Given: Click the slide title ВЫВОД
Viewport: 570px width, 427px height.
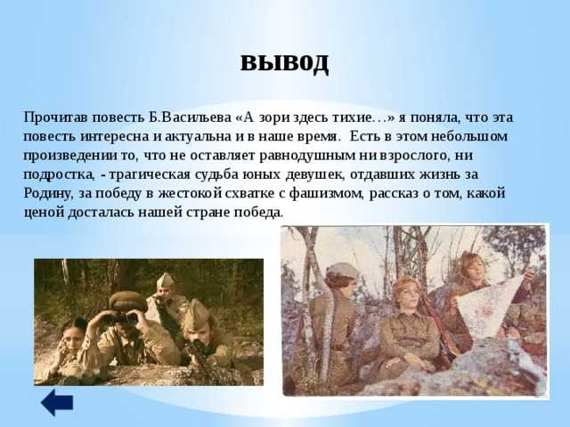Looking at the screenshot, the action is [x=285, y=63].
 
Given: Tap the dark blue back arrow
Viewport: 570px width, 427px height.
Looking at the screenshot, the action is [x=57, y=402].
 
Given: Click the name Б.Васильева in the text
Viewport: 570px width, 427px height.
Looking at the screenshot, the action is [x=190, y=117].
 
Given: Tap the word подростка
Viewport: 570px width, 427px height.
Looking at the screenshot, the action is [x=59, y=174].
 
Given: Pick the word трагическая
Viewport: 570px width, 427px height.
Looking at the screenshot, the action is [x=150, y=174].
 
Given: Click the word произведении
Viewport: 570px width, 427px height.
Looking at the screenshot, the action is [x=69, y=156].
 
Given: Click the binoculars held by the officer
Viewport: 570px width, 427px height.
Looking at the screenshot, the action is [x=120, y=318].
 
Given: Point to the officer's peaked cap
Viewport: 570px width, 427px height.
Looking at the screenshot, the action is [x=127, y=302].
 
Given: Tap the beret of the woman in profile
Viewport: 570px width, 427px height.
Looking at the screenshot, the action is [x=341, y=270].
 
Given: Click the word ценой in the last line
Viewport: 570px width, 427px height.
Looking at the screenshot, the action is [x=44, y=213].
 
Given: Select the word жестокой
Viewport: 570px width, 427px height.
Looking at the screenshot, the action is [x=190, y=193].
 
